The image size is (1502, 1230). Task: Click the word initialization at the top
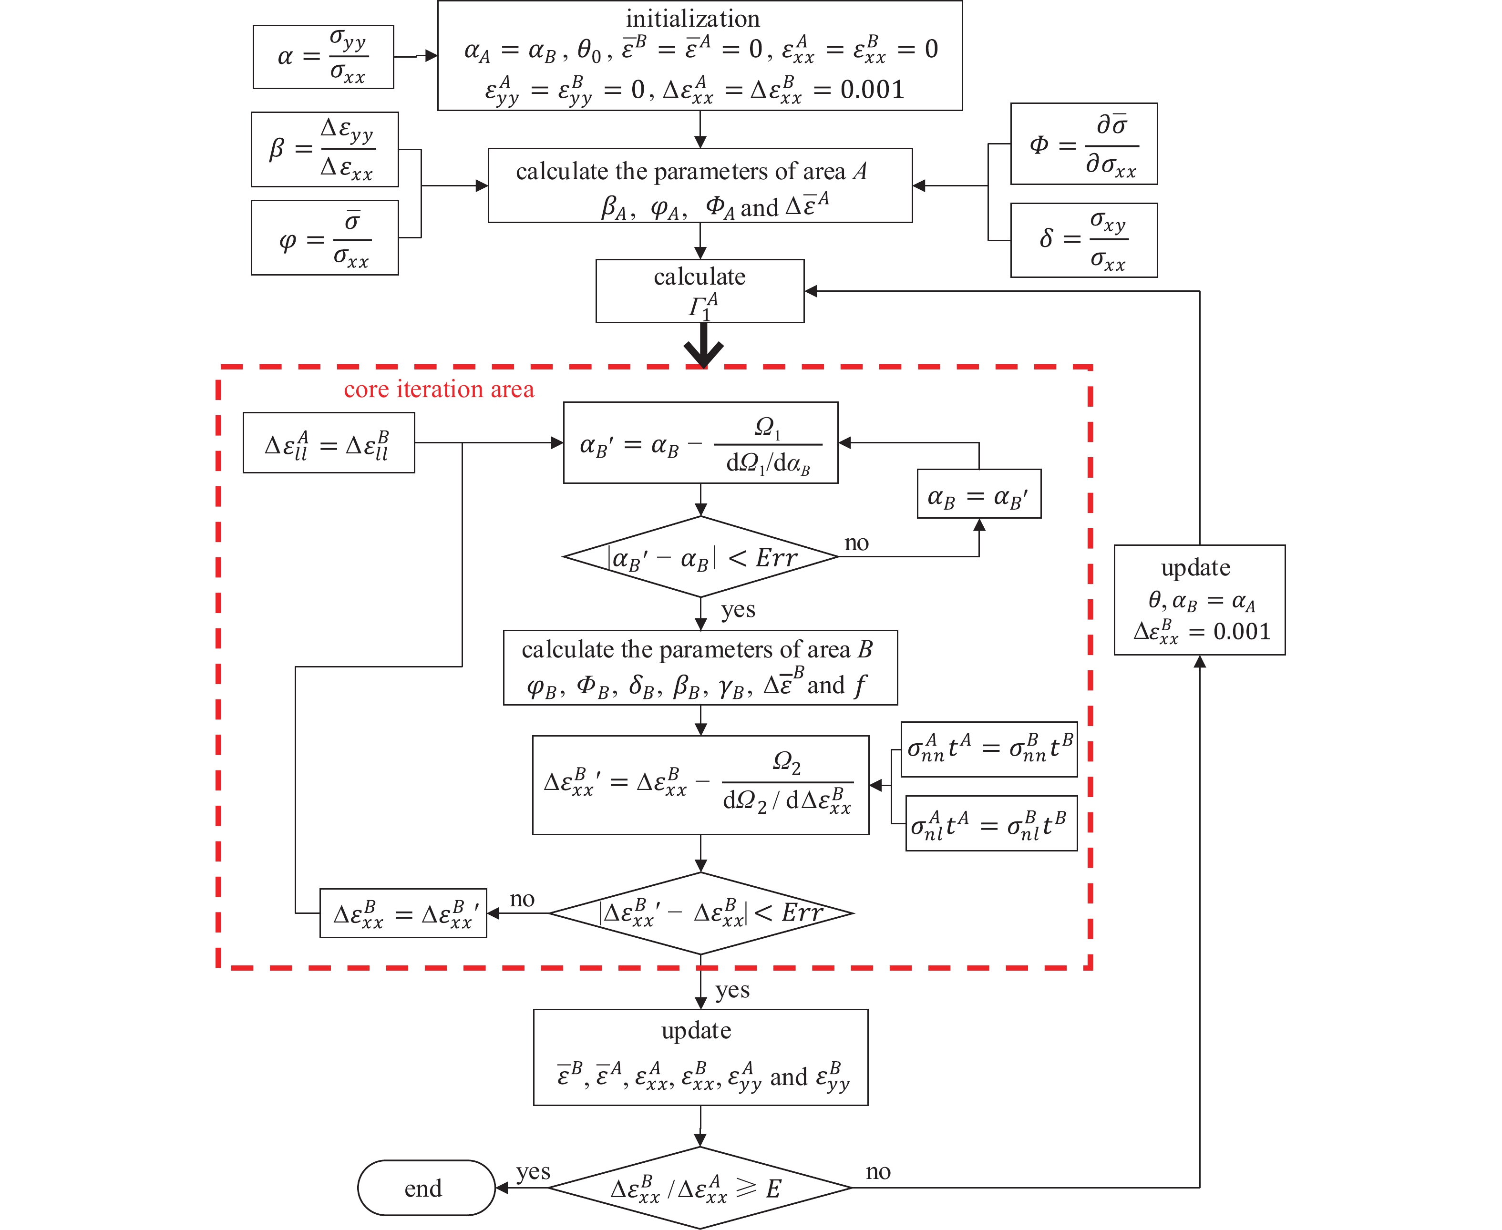coord(692,19)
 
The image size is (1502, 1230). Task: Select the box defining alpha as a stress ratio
coord(323,57)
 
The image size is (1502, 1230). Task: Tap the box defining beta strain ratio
coord(325,150)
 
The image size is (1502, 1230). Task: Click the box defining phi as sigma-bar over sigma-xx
coord(325,238)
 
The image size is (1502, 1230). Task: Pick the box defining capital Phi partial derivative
coord(1083,144)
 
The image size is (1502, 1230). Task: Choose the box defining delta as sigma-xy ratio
coord(1083,240)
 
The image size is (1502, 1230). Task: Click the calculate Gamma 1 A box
coord(700,291)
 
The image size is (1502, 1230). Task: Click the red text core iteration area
coord(439,389)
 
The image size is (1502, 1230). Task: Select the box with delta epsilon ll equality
coord(329,443)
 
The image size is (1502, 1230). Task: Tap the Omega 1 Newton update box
coord(700,443)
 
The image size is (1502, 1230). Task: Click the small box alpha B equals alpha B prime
coord(978,494)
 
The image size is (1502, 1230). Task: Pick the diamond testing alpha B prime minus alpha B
coord(700,557)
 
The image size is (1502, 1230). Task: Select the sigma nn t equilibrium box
coord(989,749)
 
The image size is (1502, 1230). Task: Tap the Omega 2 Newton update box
coord(700,785)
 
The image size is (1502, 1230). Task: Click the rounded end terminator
coord(426,1188)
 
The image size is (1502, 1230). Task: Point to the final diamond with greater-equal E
coord(700,1188)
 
